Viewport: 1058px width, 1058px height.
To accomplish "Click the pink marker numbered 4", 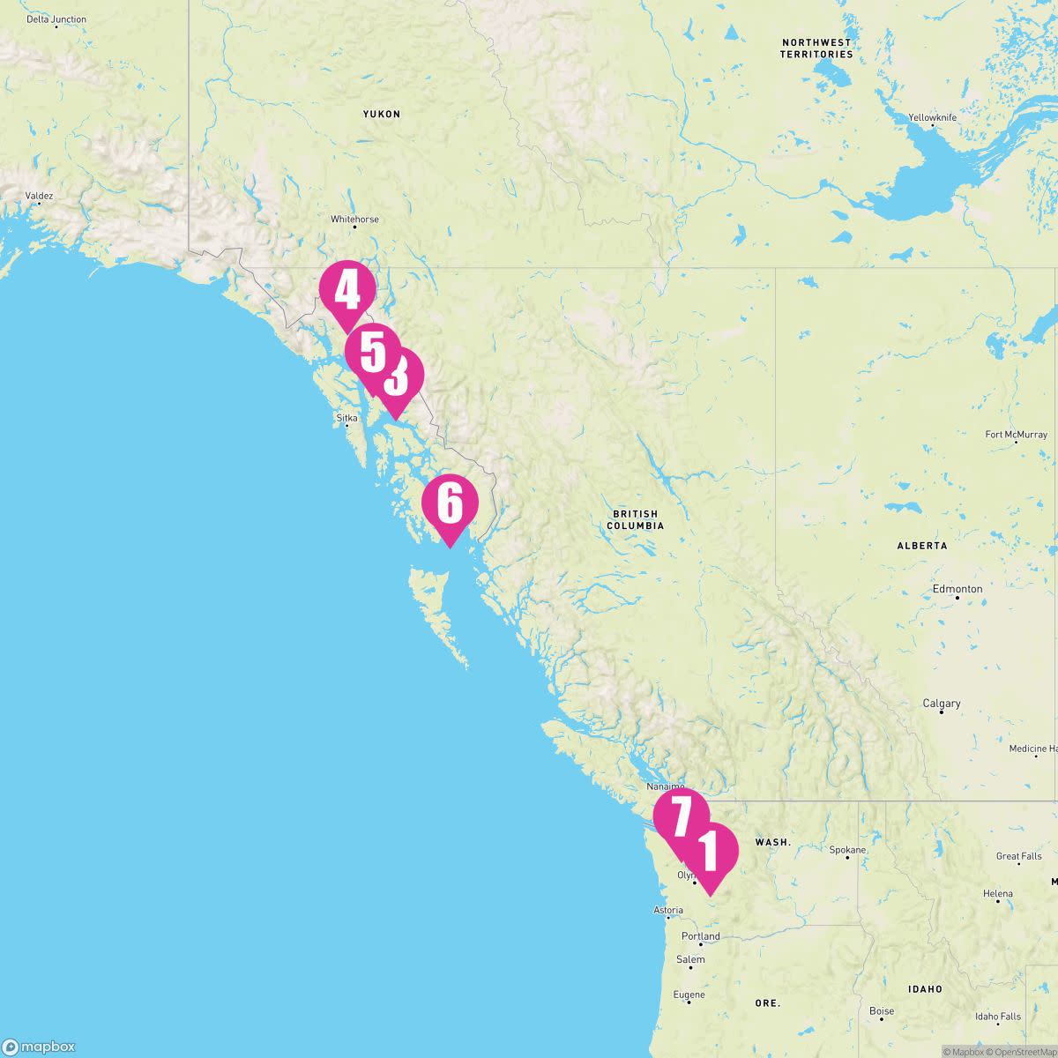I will coord(347,290).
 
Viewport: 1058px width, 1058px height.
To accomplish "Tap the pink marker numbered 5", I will coord(372,352).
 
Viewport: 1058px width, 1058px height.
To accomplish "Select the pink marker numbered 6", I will coord(450,503).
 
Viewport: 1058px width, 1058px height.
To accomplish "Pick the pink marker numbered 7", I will coord(681,816).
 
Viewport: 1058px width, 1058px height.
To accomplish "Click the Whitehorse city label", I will coord(354,220).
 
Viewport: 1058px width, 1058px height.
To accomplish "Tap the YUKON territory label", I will coord(382,115).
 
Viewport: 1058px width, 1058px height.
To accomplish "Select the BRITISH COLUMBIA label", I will coord(635,519).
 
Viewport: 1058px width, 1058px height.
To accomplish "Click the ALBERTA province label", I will coord(922,546).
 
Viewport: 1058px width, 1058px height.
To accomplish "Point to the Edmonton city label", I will coord(957,589).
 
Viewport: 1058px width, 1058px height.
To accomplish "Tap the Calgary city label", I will coord(941,704).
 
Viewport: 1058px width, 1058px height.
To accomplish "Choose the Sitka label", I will coord(346,418).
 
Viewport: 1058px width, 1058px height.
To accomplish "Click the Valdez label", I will coord(39,196).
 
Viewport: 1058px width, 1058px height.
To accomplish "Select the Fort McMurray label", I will coord(1016,435).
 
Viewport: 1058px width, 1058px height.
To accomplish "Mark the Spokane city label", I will coord(847,851).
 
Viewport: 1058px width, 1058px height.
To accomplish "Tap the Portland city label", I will coord(701,936).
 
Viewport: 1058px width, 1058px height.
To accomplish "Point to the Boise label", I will coord(882,1011).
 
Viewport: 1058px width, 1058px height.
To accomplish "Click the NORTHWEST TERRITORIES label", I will coord(816,48).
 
